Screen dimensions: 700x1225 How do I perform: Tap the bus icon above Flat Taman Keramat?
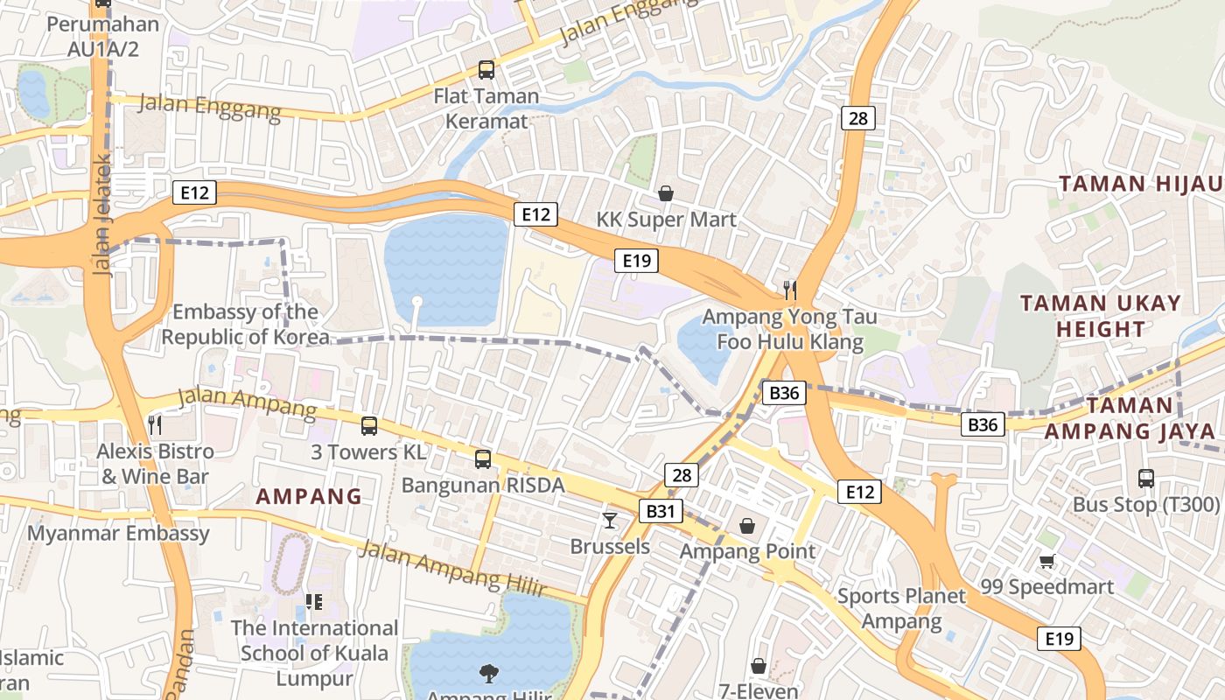(486, 70)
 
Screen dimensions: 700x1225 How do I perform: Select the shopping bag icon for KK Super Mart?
(666, 193)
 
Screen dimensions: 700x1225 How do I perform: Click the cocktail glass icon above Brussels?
(610, 521)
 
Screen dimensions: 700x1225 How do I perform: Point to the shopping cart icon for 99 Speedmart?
(1046, 561)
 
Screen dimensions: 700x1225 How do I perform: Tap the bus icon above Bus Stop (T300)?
(1145, 479)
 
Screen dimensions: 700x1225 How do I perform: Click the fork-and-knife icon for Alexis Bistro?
(155, 425)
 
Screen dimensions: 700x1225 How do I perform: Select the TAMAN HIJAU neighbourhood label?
(1140, 184)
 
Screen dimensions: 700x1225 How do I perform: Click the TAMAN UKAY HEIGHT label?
(1100, 316)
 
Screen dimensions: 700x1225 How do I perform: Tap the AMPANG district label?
(308, 497)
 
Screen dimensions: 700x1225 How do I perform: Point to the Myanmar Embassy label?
(118, 533)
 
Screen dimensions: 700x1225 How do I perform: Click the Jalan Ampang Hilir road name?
(452, 570)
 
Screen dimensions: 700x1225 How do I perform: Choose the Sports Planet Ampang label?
(901, 609)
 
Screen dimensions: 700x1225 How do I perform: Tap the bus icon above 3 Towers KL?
(369, 426)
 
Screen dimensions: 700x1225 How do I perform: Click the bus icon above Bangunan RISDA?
(482, 458)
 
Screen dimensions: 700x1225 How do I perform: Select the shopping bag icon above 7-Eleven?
(759, 666)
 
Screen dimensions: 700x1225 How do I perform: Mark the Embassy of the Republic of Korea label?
(245, 324)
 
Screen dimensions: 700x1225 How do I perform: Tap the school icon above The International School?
(314, 602)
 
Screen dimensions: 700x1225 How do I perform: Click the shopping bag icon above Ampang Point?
(747, 525)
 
